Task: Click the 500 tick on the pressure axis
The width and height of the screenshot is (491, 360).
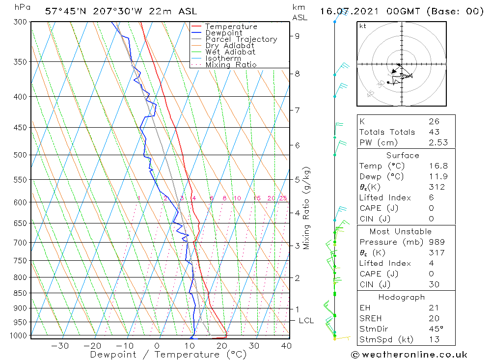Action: click(21, 155)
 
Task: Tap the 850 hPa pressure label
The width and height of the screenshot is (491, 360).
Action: click(21, 293)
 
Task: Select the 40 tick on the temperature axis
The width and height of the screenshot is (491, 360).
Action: click(286, 345)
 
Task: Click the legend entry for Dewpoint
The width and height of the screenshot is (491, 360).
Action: click(223, 33)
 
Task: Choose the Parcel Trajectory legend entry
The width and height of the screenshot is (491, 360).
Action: click(241, 39)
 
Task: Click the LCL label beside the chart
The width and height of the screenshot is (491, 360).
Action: click(306, 321)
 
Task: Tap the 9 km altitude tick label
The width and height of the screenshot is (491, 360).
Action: click(298, 35)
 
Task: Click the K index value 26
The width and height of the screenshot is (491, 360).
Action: click(434, 121)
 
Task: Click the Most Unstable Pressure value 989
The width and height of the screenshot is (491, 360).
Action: click(436, 242)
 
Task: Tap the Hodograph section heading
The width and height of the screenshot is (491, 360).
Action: click(402, 297)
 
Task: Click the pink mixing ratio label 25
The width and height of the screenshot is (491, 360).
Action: click(283, 198)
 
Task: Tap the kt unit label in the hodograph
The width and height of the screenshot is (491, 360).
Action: click(362, 26)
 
